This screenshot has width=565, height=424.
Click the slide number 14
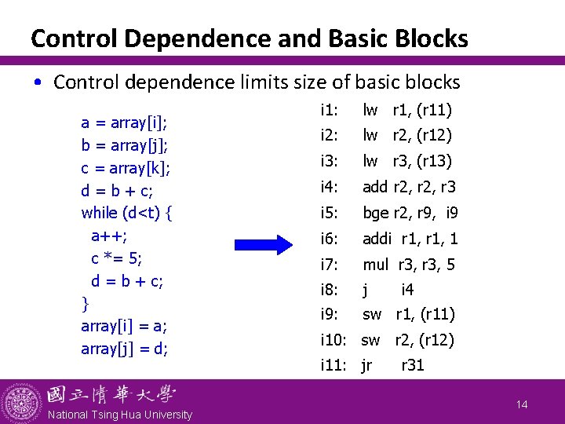(522, 404)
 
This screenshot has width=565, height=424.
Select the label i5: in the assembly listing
(330, 212)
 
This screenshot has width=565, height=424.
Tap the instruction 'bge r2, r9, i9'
(410, 212)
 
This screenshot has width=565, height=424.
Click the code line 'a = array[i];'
(126, 122)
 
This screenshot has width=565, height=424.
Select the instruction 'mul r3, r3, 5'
(408, 265)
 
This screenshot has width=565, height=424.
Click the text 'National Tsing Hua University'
(120, 415)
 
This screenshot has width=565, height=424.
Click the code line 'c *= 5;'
(116, 258)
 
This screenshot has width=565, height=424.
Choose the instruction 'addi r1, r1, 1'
(410, 239)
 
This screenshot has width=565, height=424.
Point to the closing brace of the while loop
(85, 303)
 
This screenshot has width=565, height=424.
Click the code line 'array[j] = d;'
(124, 349)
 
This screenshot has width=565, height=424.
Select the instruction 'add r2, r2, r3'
(408, 187)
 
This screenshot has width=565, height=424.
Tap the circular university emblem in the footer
(21, 403)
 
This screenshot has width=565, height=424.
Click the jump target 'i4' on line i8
(407, 290)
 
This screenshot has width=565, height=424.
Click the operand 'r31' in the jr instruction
(413, 365)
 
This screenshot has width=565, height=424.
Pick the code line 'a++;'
(109, 236)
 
